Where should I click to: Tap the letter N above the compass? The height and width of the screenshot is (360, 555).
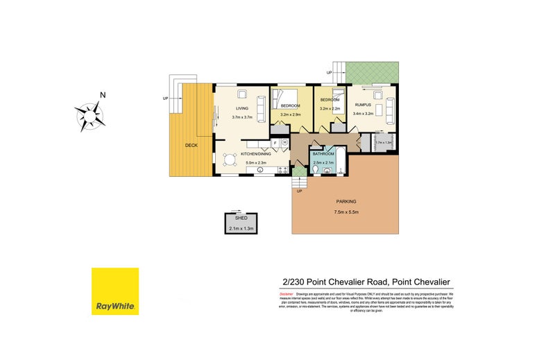point(102,95)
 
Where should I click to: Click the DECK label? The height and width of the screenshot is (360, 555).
point(192,146)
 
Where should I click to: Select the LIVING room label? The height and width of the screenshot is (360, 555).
point(241,109)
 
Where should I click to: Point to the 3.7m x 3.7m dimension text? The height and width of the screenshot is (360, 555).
point(241,117)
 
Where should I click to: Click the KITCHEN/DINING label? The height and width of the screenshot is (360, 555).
point(256,156)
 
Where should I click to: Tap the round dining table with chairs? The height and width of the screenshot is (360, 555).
point(230,161)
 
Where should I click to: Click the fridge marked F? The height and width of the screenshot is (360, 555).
point(275,143)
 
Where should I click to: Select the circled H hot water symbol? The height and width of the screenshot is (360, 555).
point(284,143)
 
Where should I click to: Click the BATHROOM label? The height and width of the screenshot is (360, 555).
point(324,154)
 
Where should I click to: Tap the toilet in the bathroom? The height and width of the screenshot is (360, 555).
point(316,169)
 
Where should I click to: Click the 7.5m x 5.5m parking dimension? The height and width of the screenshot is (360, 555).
point(345,212)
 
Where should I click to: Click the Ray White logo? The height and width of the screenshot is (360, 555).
point(115,291)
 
